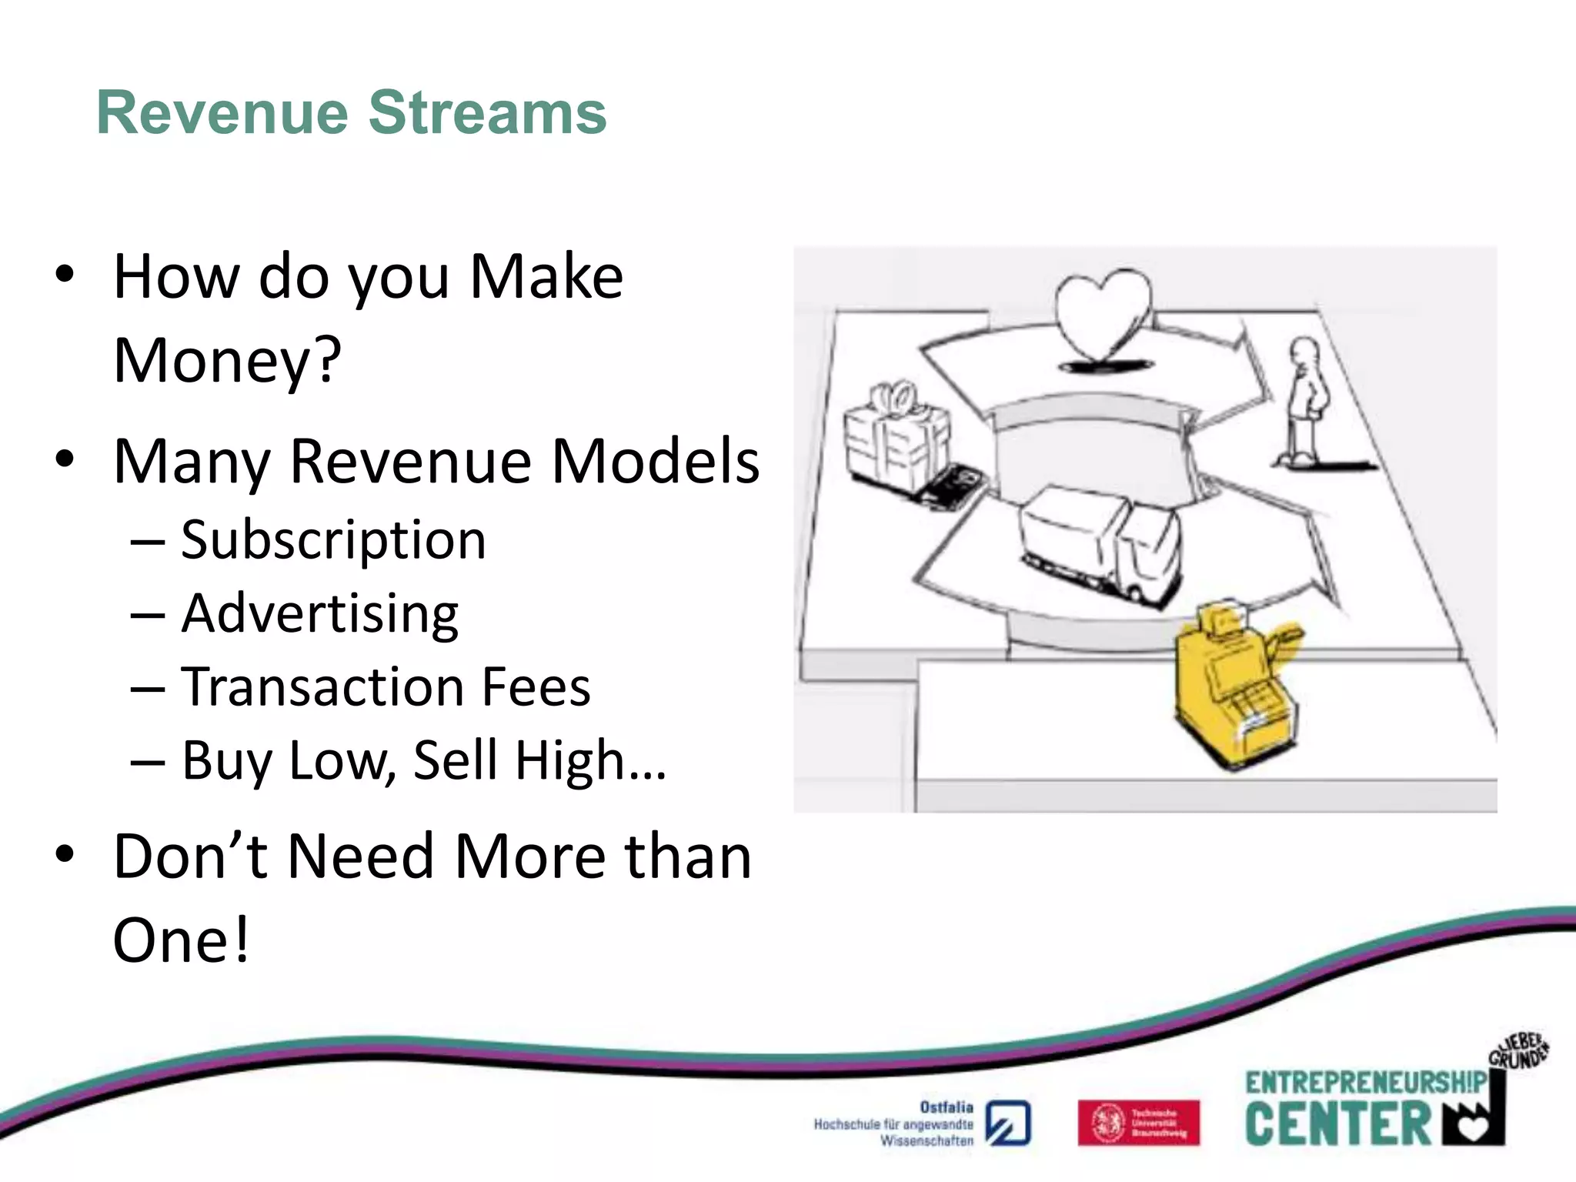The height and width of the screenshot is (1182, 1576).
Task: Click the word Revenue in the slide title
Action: pos(222,113)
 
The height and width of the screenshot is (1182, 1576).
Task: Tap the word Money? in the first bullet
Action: pos(227,360)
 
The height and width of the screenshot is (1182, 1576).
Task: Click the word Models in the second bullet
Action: pos(655,462)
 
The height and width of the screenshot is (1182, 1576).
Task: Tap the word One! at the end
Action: pos(182,940)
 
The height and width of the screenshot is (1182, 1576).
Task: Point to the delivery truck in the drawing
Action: pos(1100,546)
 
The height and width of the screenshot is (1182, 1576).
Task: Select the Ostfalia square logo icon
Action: pos(1008,1124)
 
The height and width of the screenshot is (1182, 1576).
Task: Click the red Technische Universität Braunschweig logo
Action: pos(1138,1123)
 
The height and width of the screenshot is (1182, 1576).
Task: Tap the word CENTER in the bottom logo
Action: pos(1337,1124)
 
